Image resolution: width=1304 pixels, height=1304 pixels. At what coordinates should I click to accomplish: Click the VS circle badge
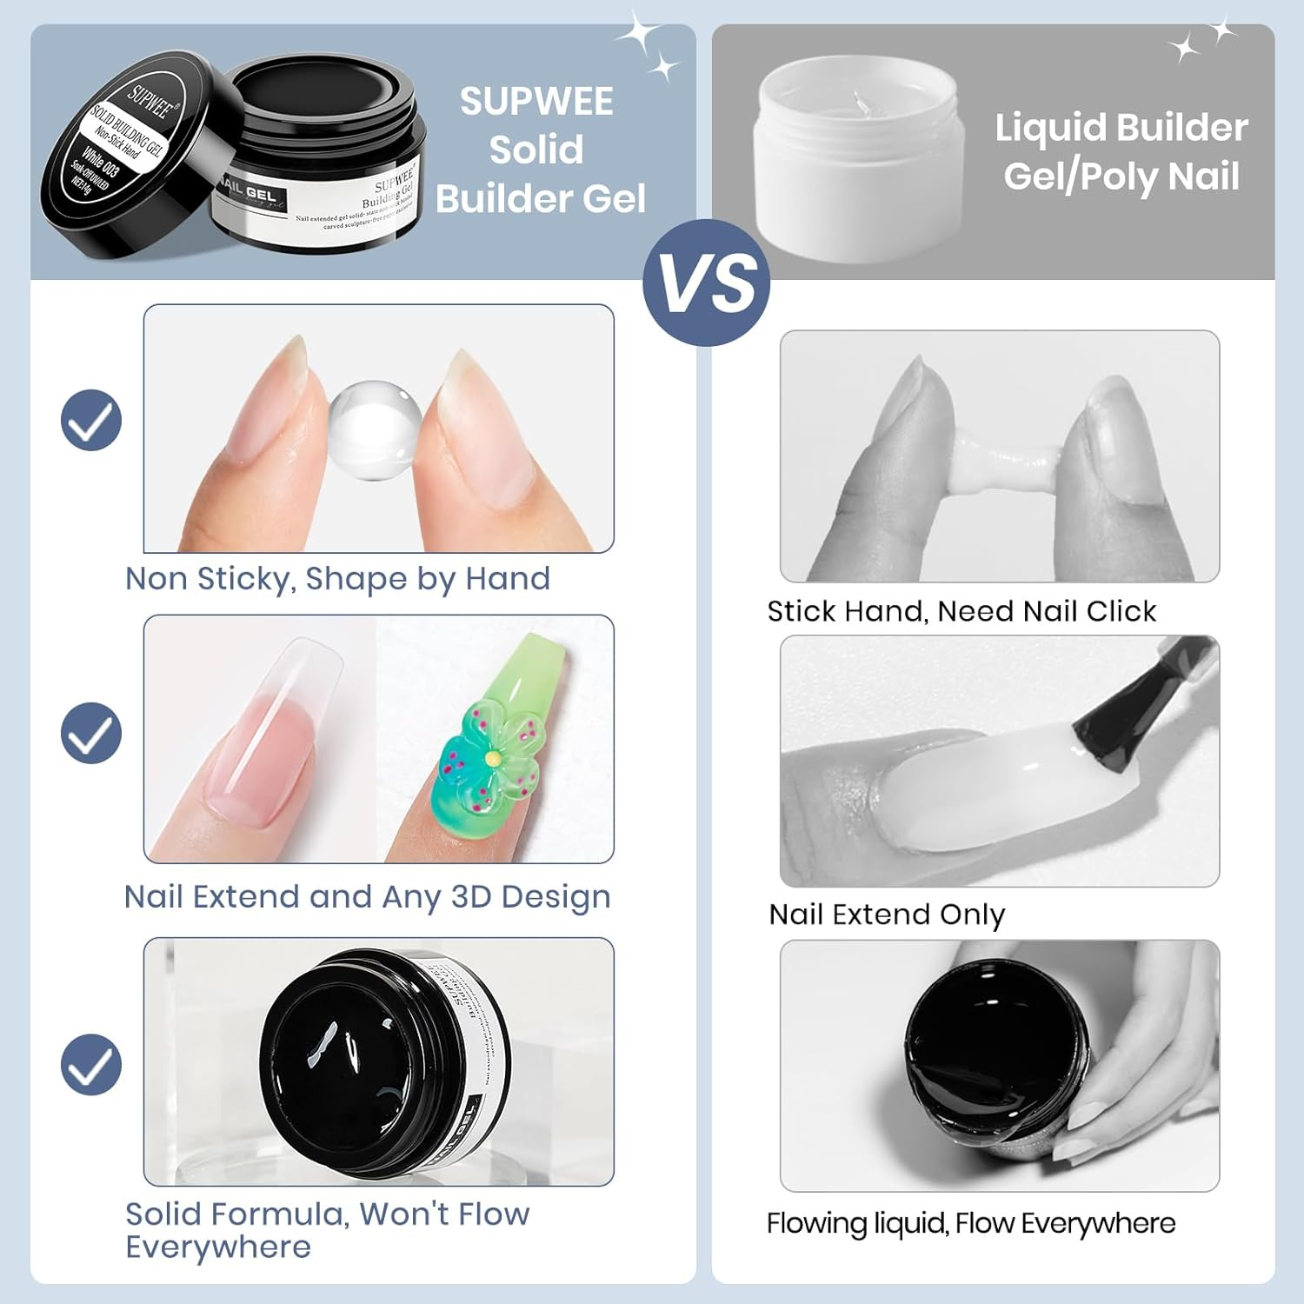pos(706,283)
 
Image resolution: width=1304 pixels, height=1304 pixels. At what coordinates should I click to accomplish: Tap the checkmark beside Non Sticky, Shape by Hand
pos(91,420)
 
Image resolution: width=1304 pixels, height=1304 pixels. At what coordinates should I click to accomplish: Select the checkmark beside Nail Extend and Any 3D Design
pos(91,733)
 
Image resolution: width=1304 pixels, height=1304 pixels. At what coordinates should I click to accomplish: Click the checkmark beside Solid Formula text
pos(91,1065)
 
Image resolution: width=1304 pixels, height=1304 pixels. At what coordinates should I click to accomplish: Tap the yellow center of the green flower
pos(493,759)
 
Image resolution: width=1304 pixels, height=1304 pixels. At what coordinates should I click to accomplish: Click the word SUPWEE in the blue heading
pos(536,102)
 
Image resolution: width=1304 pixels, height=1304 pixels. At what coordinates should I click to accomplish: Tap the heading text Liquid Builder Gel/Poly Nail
pos(1121,151)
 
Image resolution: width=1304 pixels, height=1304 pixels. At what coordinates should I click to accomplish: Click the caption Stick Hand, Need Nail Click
pos(961,611)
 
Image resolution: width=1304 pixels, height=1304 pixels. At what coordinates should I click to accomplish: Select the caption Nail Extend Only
pos(887,915)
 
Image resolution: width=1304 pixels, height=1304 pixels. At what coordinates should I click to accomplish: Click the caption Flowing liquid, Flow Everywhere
pos(970,1223)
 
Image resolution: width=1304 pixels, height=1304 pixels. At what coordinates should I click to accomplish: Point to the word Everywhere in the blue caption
pos(218,1247)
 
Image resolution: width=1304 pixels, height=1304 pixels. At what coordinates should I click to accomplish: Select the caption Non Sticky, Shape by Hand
pos(337,579)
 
